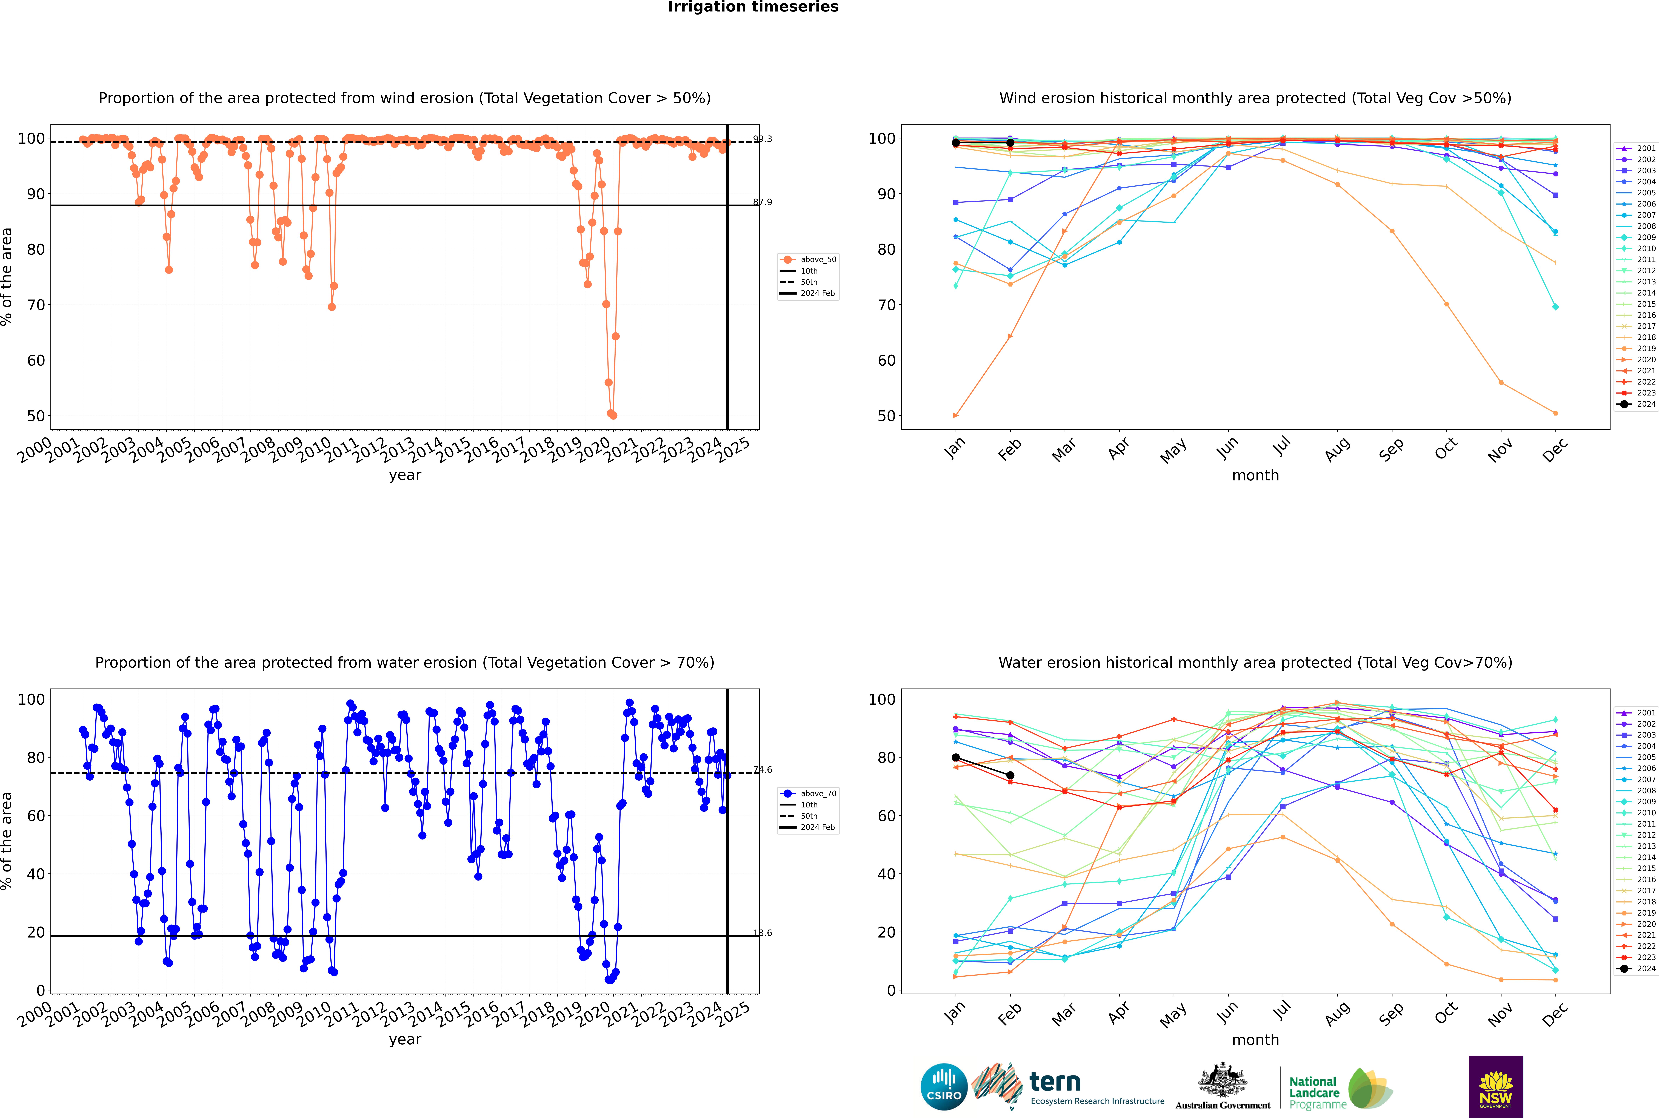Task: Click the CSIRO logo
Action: coord(944,1087)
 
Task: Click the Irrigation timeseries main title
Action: coord(753,7)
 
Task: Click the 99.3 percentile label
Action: coord(763,139)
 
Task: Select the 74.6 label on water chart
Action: coord(763,770)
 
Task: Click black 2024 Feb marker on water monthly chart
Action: coord(1010,776)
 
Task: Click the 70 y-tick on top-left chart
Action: coord(36,305)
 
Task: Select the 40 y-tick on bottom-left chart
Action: coord(36,874)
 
